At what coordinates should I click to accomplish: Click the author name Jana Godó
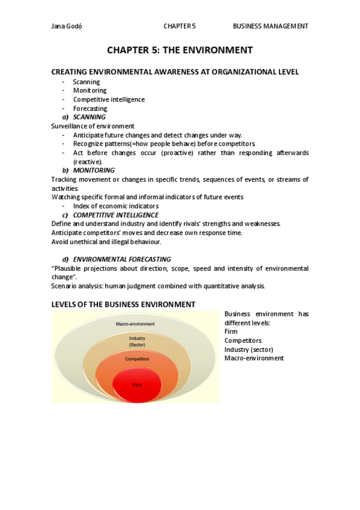pos(67,26)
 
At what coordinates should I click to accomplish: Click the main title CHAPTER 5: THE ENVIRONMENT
pos(180,50)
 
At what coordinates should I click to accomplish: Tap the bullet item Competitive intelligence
pos(109,99)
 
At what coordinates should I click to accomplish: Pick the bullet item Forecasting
pos(90,109)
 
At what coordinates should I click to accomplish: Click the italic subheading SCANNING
pos(89,117)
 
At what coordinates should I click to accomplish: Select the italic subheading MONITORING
pos(93,170)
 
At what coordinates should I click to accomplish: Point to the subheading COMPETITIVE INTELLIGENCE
pos(115,215)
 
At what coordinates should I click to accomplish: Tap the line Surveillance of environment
pos(93,126)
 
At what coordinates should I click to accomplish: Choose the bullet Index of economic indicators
pos(116,206)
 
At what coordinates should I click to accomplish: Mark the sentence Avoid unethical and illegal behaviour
pos(106,242)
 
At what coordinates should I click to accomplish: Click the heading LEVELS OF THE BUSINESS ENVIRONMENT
pos(123,304)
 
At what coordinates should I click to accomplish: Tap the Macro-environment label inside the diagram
pos(135,324)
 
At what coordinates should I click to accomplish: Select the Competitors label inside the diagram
pos(136,359)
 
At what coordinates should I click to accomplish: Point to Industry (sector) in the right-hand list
pos(248,349)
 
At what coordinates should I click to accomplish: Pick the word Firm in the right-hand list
pos(231,332)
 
